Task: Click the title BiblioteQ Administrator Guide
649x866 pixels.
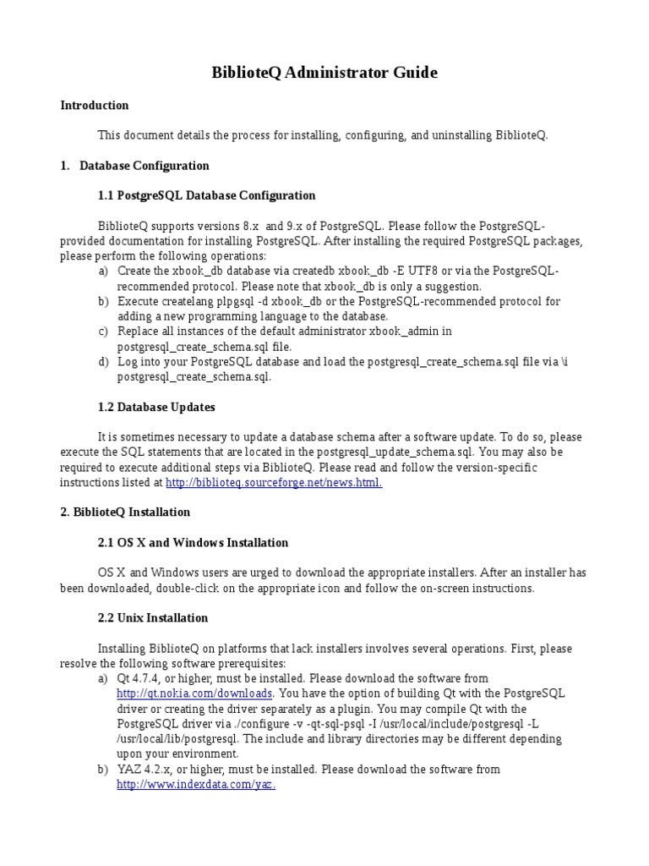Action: (x=324, y=73)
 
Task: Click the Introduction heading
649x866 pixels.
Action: (x=95, y=106)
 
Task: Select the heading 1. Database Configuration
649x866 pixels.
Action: (x=135, y=166)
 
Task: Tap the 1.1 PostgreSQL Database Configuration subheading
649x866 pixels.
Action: (x=206, y=195)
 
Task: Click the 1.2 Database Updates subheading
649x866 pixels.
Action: (x=156, y=407)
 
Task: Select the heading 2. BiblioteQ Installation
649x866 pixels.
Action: (x=125, y=512)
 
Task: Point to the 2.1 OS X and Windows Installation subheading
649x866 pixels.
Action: (x=193, y=543)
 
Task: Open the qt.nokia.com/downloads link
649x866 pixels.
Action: (x=194, y=693)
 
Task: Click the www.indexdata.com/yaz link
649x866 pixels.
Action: (x=196, y=785)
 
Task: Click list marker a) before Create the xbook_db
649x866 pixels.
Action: (x=103, y=271)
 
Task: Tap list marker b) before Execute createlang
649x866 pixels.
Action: (x=103, y=301)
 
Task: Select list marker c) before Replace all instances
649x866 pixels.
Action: (x=103, y=332)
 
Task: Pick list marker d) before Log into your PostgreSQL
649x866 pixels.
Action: (x=103, y=362)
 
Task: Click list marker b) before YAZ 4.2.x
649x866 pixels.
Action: (x=103, y=770)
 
